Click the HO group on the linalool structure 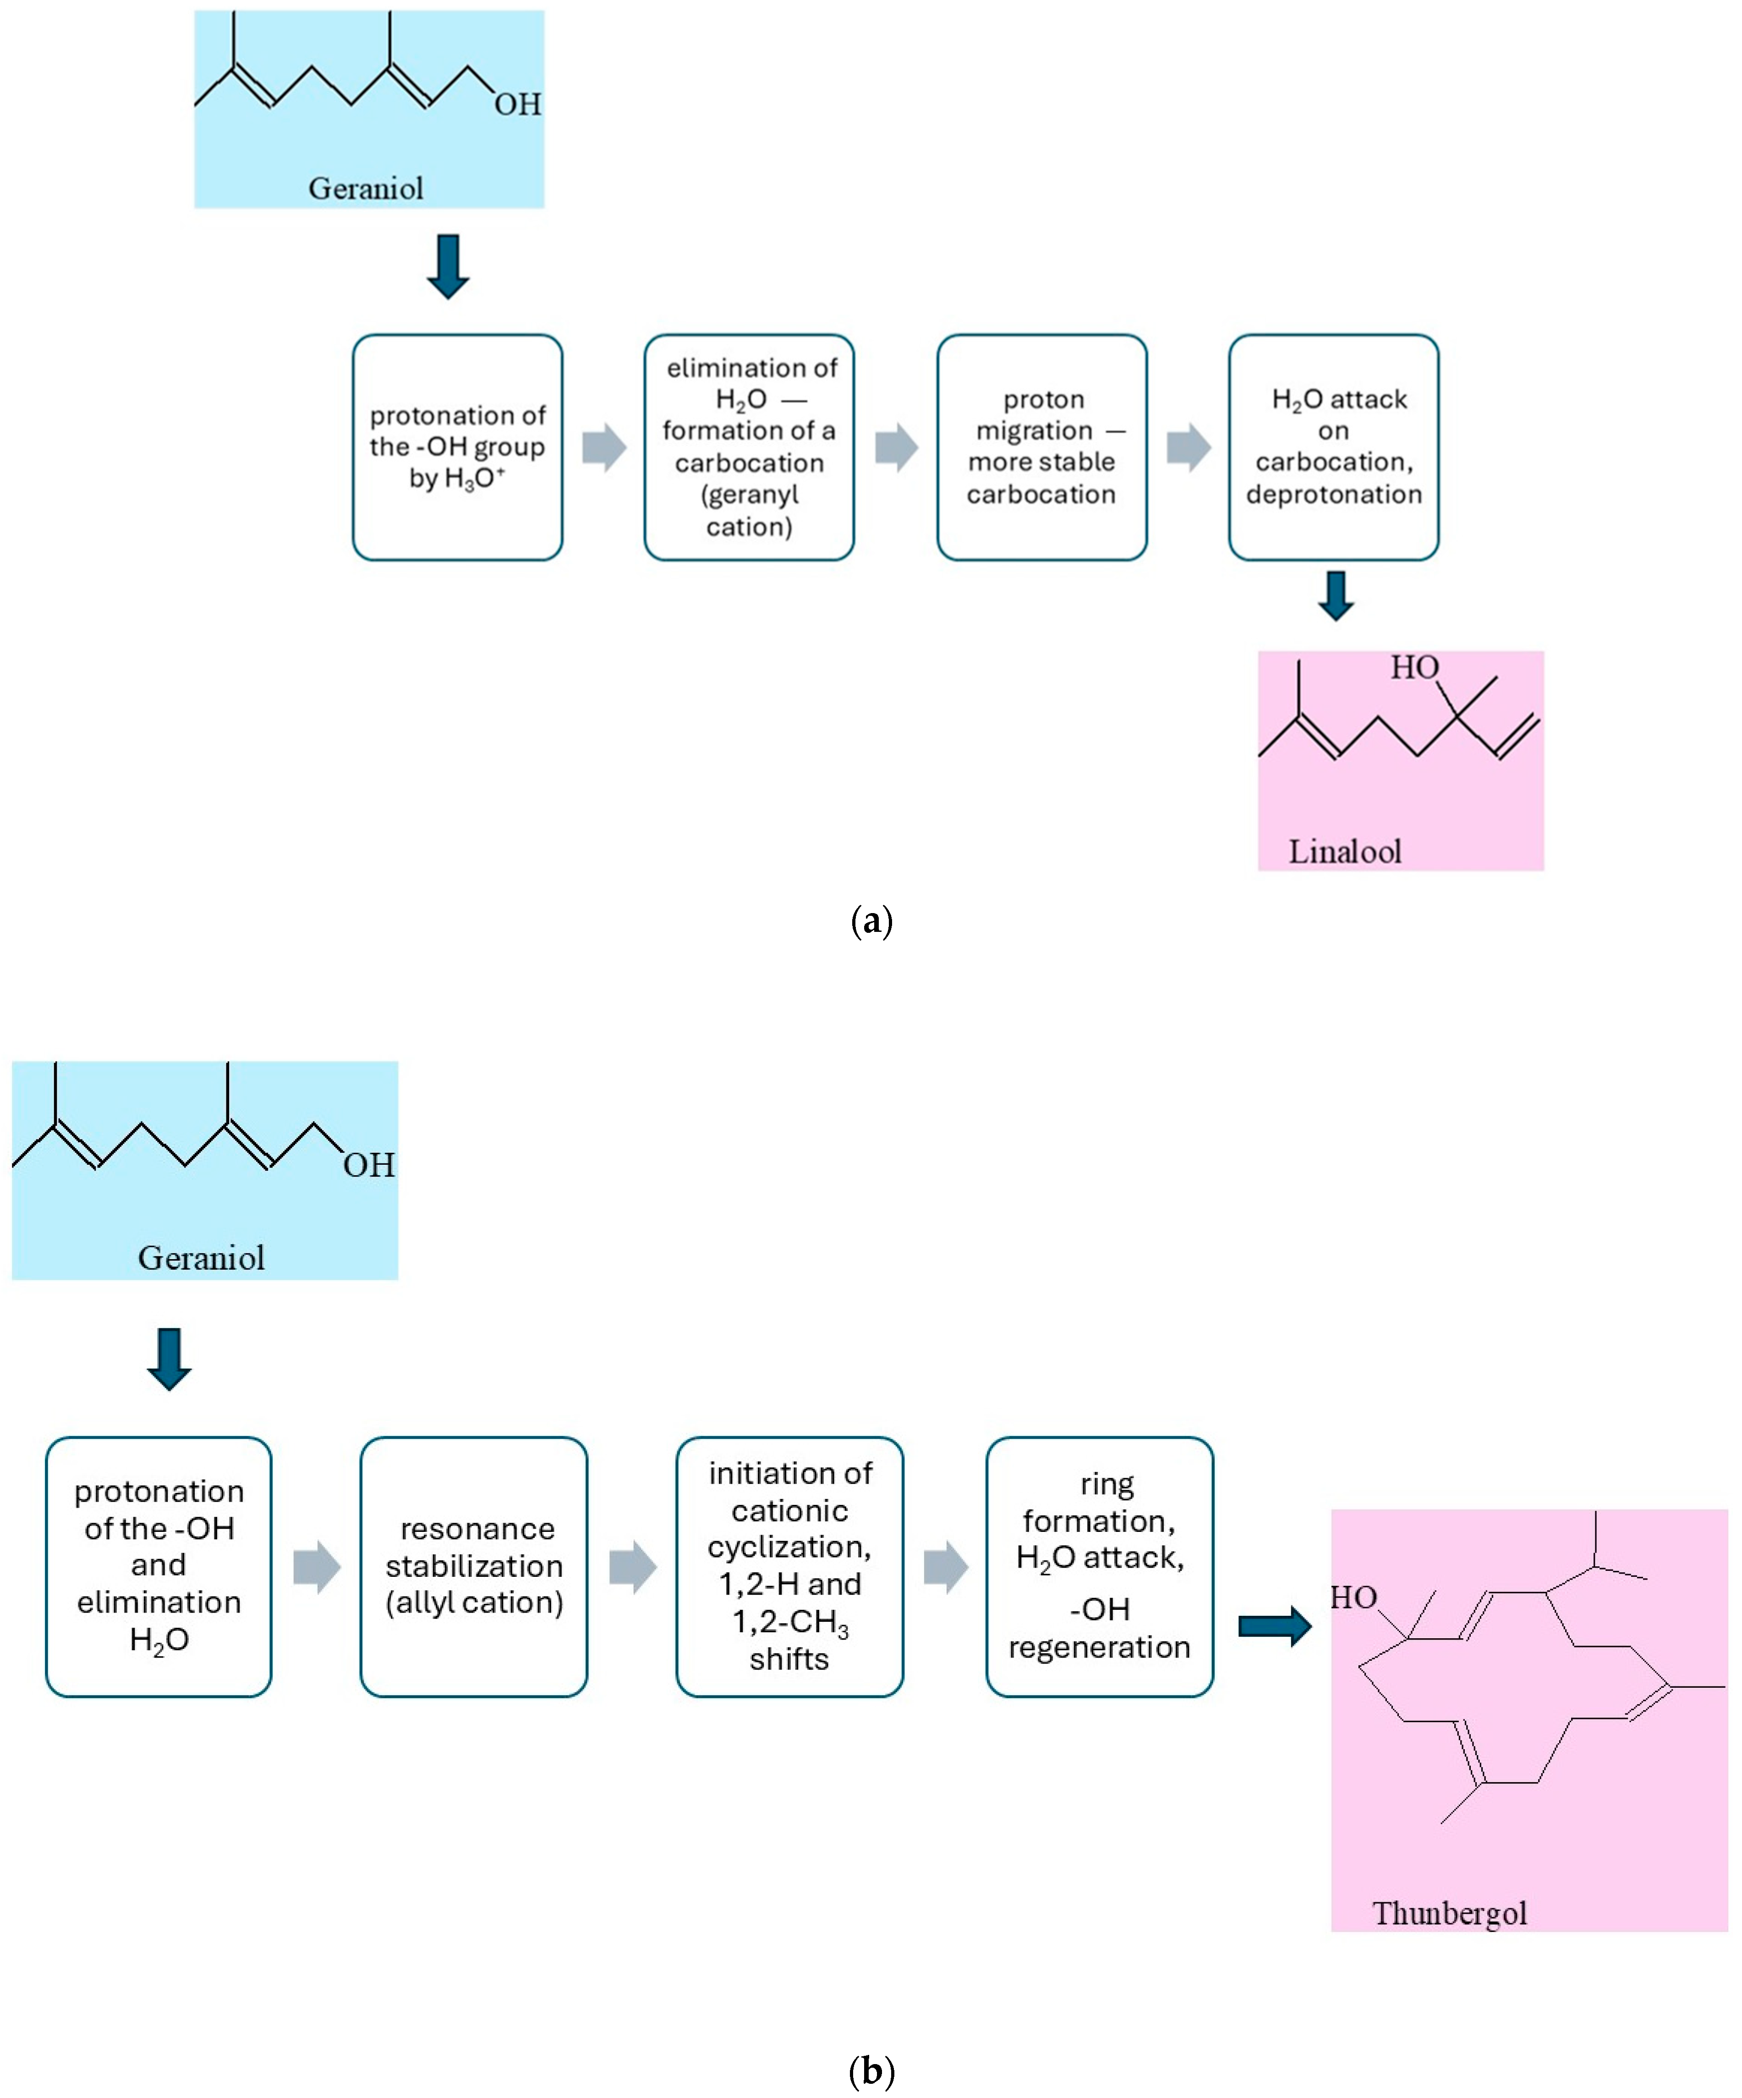1413,667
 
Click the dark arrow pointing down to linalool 1336,595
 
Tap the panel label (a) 871,920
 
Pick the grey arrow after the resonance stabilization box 632,1566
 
